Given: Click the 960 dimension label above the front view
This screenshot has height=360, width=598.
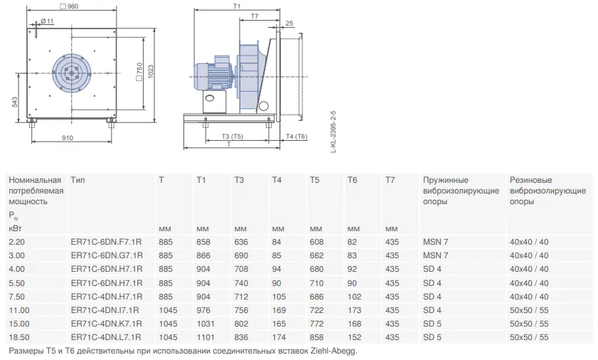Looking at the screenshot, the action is pyautogui.click(x=70, y=6).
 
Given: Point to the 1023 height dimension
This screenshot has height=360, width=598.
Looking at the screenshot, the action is pyautogui.click(x=150, y=71).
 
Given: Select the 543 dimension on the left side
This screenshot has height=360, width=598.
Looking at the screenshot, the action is pyautogui.click(x=14, y=102).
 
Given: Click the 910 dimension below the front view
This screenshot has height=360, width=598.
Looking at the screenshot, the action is pyautogui.click(x=68, y=138).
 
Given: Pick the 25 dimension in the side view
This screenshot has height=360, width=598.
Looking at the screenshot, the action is pyautogui.click(x=289, y=23).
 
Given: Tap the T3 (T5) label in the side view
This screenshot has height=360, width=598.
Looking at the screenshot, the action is pyautogui.click(x=233, y=137).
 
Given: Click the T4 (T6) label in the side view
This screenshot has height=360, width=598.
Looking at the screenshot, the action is pyautogui.click(x=297, y=137).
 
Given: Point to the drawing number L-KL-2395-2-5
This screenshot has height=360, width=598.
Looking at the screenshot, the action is pyautogui.click(x=333, y=132).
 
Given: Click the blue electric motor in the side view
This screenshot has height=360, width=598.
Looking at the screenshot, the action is pyautogui.click(x=213, y=75).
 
